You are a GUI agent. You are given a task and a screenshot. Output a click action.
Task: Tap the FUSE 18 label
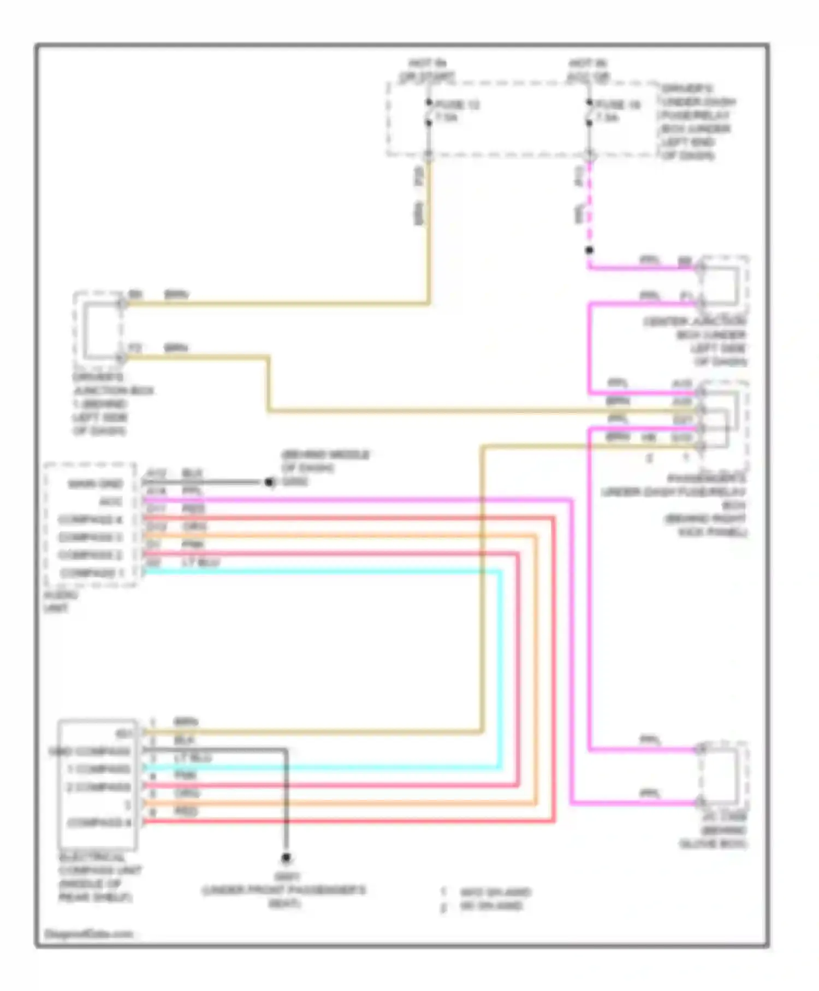coord(618,104)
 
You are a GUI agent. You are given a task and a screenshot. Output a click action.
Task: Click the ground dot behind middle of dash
coord(269,482)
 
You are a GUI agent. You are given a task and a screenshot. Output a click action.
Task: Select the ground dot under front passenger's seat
coord(286,858)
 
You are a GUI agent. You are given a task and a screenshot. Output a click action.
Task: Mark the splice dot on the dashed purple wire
coord(589,250)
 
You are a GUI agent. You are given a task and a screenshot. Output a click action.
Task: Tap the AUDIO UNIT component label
coord(60,601)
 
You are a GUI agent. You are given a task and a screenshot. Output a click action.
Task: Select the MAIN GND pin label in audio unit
coord(95,484)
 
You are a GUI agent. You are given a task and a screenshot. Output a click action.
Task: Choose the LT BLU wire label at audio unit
coord(200,562)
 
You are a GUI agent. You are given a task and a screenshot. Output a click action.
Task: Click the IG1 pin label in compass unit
coord(123,733)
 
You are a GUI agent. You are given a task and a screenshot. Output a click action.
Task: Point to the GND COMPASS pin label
coord(90,751)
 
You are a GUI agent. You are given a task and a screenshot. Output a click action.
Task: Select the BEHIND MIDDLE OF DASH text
coord(325,461)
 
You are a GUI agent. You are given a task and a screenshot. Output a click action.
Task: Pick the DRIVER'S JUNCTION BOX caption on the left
coord(112,404)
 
